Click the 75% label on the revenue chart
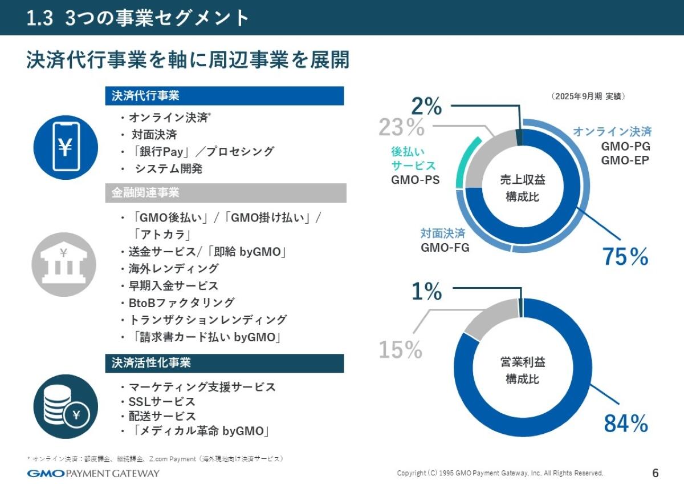tap(625, 257)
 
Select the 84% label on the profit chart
tap(625, 424)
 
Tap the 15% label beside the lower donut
tap(400, 350)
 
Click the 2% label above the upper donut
tap(426, 106)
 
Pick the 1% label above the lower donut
tap(426, 292)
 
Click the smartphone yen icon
tap(66, 147)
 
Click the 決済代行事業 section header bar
tap(225, 96)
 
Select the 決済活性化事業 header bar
tap(225, 363)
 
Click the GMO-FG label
tap(445, 248)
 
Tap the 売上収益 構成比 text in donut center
tap(523, 188)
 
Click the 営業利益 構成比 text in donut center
tap(523, 371)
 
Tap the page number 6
tap(655, 473)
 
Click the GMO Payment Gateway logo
tap(93, 473)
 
